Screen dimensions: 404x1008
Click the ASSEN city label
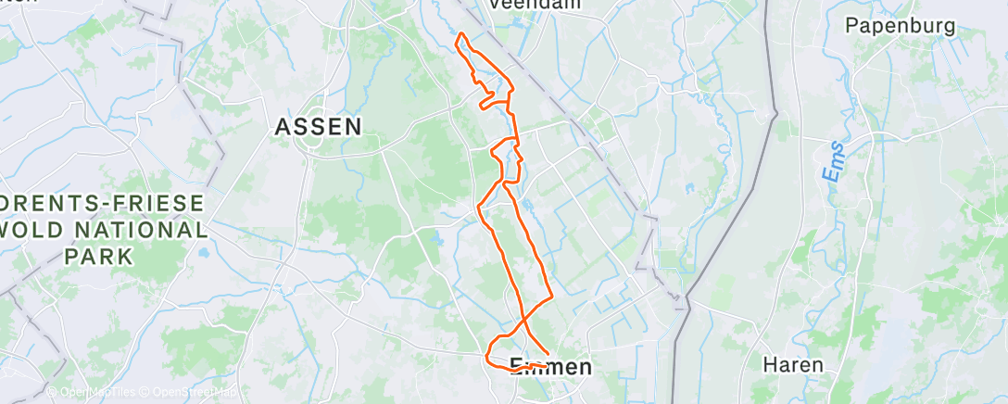(x=318, y=128)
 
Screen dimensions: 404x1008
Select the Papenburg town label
(x=900, y=26)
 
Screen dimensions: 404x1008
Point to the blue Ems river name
(x=835, y=161)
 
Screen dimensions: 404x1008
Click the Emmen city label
(x=550, y=367)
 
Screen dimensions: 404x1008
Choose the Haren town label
(x=792, y=364)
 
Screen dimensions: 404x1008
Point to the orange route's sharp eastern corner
(x=552, y=297)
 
